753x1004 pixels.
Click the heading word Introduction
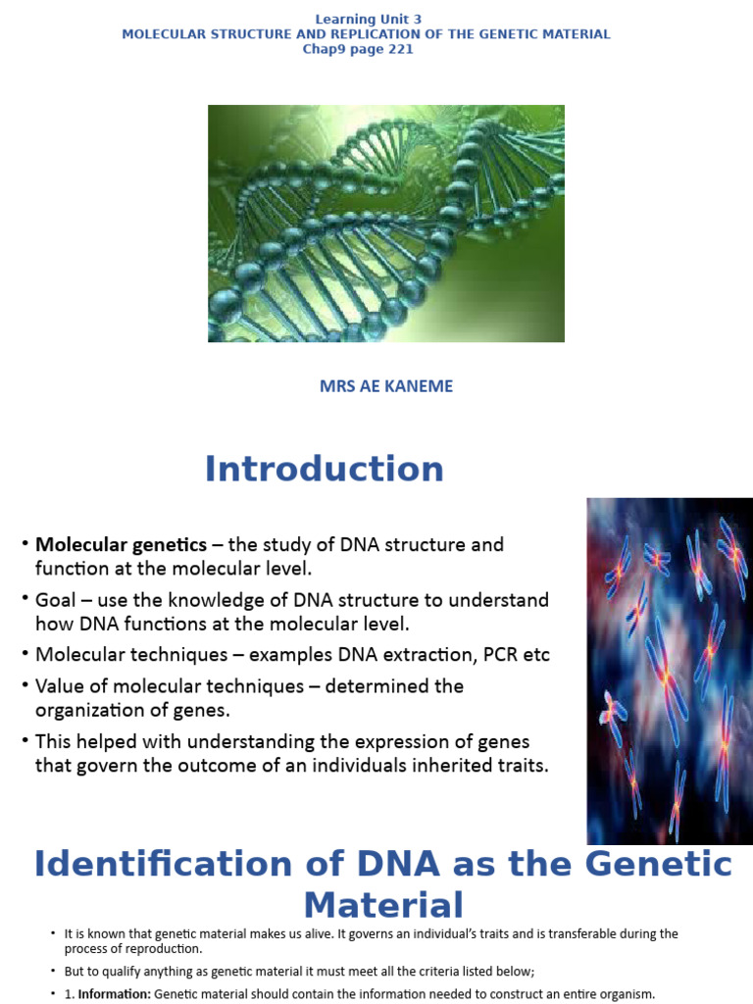(x=324, y=469)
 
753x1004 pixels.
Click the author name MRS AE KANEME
(x=386, y=386)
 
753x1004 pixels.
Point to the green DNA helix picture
(x=385, y=224)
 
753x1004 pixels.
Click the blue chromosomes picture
(x=670, y=671)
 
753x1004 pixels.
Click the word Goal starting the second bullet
(x=55, y=599)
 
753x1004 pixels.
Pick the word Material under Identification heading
(x=383, y=904)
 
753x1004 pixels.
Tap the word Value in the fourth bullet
(x=59, y=685)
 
